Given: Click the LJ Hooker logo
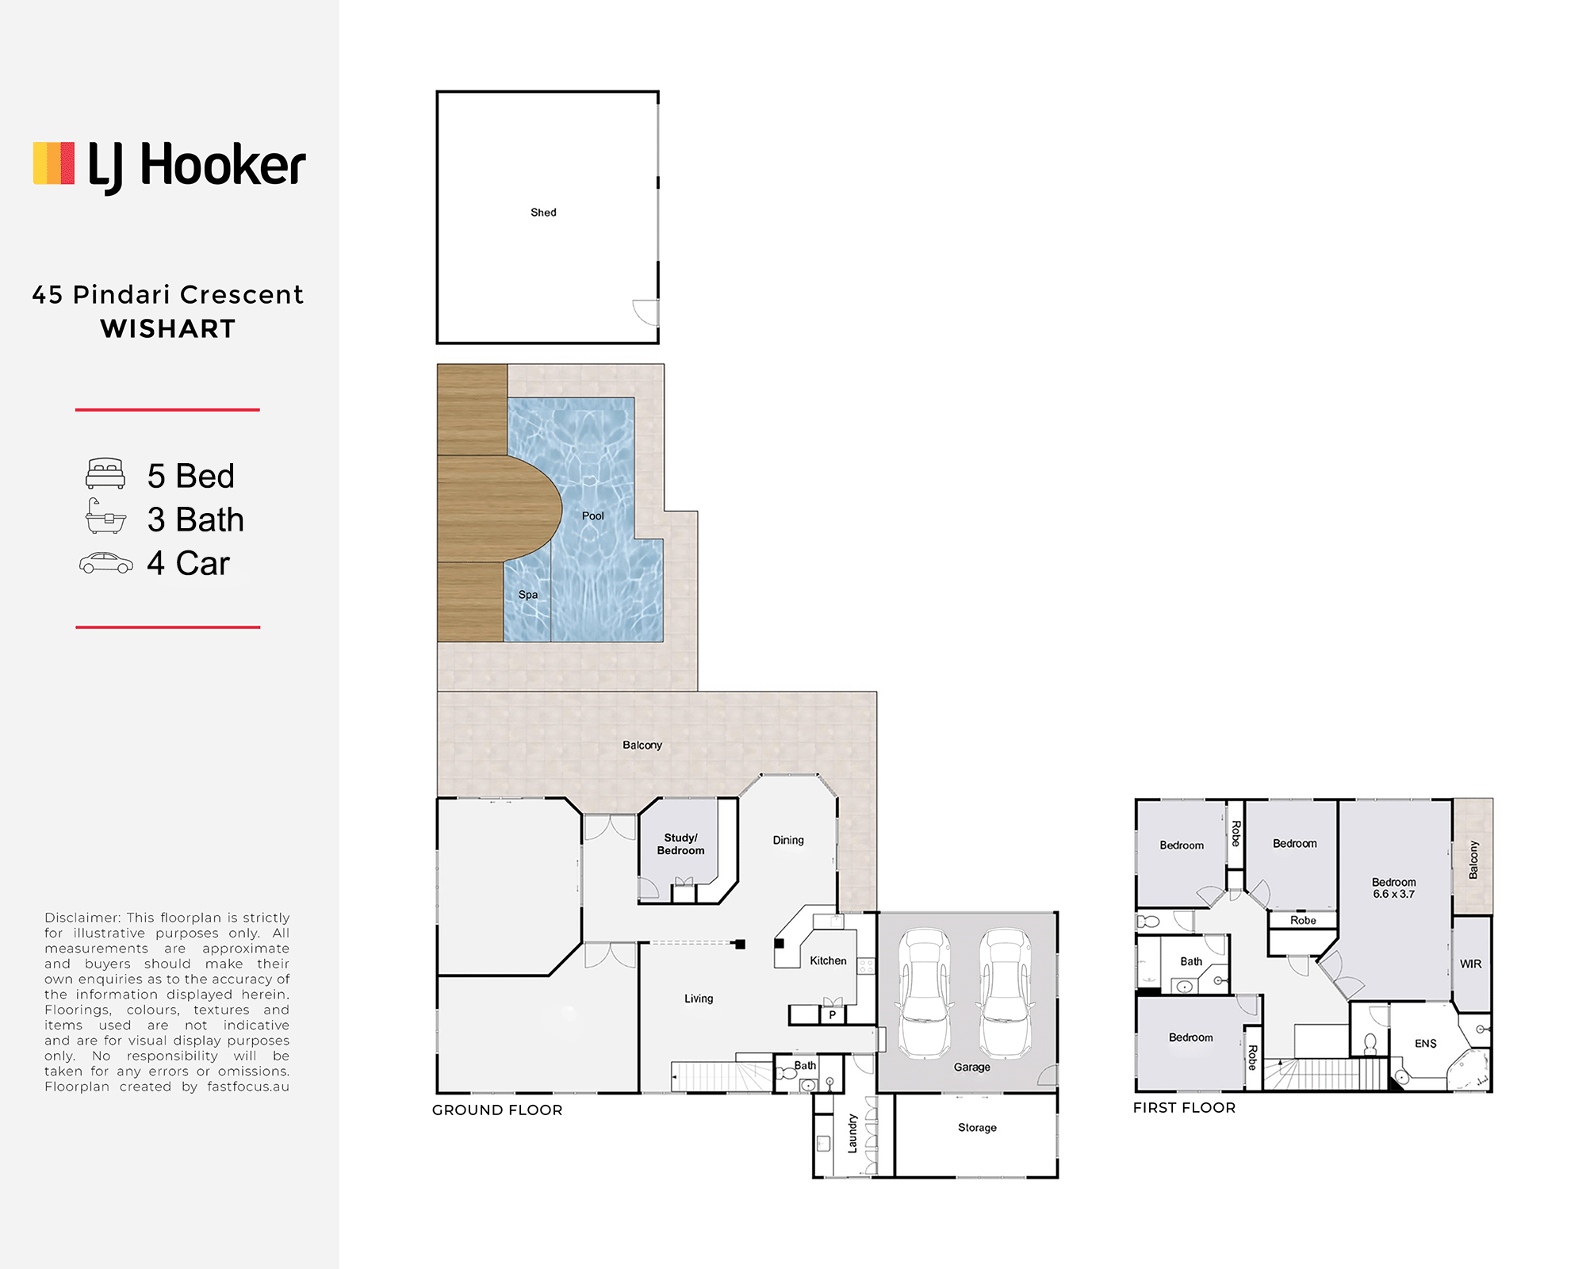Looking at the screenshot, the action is point(169,167).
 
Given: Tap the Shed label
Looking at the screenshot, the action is point(543,213).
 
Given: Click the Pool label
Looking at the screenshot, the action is point(592,516).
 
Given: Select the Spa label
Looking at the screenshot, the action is point(528,595).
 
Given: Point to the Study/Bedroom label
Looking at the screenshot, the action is point(680,844).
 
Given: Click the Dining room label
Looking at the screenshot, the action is point(788,840).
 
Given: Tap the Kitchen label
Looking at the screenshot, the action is point(828,960).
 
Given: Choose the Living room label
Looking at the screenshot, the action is point(699,999).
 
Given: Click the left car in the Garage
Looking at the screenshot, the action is point(925,993).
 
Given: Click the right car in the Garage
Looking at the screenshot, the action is point(1006,993).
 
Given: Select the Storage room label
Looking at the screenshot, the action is point(977,1128).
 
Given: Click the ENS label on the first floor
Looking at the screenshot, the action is point(1425,1044).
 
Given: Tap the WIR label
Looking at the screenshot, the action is point(1470,964).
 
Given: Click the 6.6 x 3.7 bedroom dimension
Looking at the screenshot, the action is point(1393,894).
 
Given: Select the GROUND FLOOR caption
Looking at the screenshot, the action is point(497,1110).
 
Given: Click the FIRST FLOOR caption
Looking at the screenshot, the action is point(1184,1108).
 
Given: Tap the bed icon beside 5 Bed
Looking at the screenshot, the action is point(105,473).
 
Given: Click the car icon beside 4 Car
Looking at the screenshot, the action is point(105,563).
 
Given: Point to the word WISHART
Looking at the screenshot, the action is point(168,328).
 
